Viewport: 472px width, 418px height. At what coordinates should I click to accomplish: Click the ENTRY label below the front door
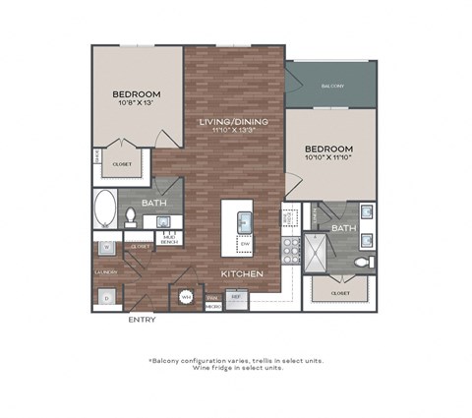(143, 319)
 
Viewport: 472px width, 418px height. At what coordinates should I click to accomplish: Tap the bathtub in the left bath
(105, 210)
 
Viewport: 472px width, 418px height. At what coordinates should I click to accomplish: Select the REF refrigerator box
(236, 294)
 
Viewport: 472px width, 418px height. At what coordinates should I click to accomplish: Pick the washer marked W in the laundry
(105, 248)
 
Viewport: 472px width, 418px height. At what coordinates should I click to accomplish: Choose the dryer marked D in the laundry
(105, 294)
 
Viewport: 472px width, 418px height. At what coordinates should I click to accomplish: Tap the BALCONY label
(331, 87)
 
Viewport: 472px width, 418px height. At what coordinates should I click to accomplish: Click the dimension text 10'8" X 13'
(136, 103)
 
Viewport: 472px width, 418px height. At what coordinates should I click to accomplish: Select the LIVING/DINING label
(234, 121)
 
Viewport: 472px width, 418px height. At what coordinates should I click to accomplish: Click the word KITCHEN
(240, 272)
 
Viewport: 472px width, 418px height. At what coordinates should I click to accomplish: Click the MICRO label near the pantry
(212, 306)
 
